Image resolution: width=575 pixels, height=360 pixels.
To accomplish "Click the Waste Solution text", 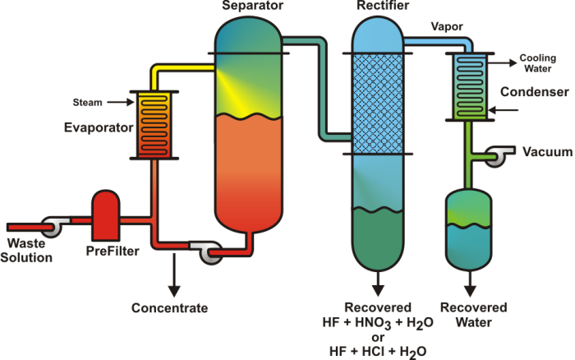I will coord(30,250).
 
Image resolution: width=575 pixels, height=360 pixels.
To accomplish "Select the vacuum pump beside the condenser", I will coord(497,156).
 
